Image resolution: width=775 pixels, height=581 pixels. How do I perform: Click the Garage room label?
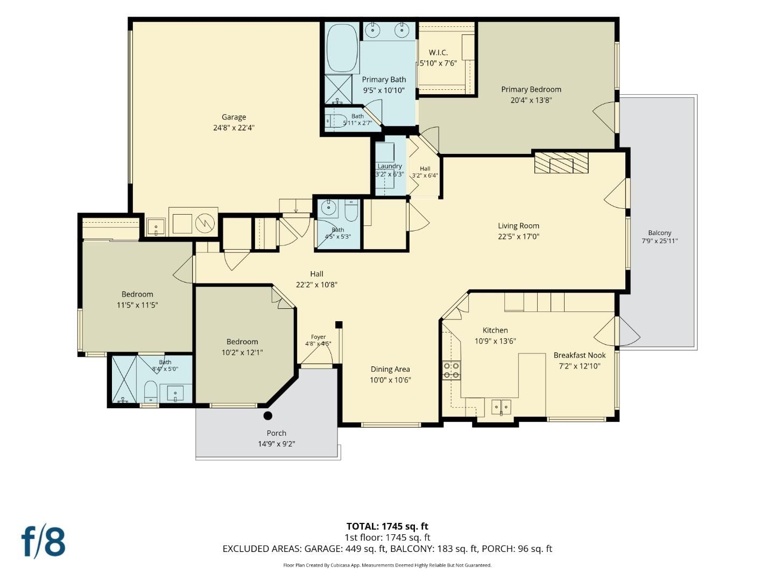tap(234, 117)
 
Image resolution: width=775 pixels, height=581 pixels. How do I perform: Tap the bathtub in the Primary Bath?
tap(342, 48)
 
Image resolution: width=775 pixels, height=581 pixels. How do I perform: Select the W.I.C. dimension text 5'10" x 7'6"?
tap(438, 63)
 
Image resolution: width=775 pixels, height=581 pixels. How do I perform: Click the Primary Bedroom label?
tap(531, 90)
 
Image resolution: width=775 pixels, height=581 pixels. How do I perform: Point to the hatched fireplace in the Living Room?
tap(561, 162)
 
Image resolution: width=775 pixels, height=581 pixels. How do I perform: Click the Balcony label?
tap(659, 233)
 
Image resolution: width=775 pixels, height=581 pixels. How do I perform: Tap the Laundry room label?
tap(390, 166)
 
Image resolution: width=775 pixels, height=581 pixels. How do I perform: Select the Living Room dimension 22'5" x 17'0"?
tap(518, 236)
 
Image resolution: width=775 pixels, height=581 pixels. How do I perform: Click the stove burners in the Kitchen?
tap(451, 370)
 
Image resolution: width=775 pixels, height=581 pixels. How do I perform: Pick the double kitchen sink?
tap(502, 407)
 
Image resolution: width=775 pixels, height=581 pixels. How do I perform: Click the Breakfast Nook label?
tap(580, 355)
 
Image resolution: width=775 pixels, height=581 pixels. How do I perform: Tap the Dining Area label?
tap(390, 369)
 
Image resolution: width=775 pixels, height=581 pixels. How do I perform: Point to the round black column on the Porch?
tap(268, 415)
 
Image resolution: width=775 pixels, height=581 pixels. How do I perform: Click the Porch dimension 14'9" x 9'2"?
tap(277, 444)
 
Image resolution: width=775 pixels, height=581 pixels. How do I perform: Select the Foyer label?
tap(318, 337)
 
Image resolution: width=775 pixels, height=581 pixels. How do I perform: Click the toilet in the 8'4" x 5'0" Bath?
tap(151, 391)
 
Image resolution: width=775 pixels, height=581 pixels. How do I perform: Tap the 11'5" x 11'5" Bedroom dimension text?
tap(137, 305)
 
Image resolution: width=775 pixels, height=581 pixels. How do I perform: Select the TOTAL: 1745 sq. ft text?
tap(387, 526)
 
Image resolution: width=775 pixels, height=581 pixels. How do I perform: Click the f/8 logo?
tap(44, 542)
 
